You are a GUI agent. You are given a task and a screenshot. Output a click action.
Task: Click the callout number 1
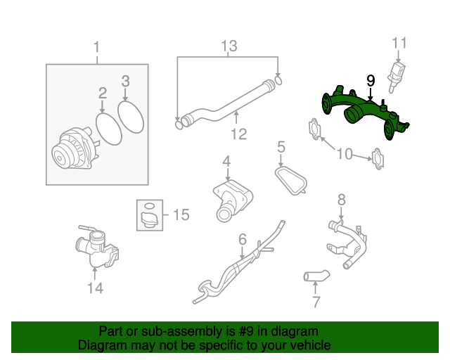[97, 47]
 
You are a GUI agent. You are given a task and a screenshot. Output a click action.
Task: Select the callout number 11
[399, 43]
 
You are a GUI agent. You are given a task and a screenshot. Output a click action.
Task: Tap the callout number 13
[229, 46]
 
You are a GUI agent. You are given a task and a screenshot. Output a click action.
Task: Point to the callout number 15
[181, 214]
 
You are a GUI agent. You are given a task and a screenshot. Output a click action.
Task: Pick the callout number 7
[316, 302]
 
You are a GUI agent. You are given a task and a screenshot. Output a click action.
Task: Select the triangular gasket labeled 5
[291, 178]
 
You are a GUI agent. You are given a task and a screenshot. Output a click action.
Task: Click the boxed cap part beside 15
[148, 215]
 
